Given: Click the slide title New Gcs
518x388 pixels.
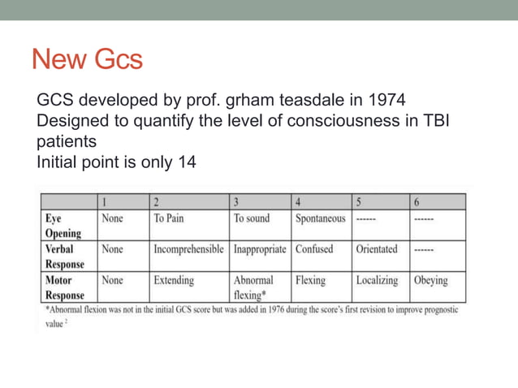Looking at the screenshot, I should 87,59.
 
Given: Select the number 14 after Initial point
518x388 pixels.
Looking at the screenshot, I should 186,162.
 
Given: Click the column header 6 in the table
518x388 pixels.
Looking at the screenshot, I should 417,202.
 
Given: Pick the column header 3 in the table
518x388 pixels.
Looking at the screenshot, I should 236,202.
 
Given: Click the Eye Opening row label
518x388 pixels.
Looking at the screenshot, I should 63,226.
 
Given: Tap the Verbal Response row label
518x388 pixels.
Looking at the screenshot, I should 65,257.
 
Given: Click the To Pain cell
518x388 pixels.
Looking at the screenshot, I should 169,218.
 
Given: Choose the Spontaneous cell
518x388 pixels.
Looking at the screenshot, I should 320,218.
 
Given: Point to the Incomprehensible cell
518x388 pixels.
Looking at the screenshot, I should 188,249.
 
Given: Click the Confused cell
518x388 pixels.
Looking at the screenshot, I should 315,249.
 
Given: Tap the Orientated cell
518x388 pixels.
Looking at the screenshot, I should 377,249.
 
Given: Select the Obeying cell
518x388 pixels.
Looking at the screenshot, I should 430,280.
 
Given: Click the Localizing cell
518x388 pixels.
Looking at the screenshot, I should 377,280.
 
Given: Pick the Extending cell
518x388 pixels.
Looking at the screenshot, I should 174,280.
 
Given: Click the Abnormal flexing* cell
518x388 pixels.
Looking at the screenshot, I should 253,287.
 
